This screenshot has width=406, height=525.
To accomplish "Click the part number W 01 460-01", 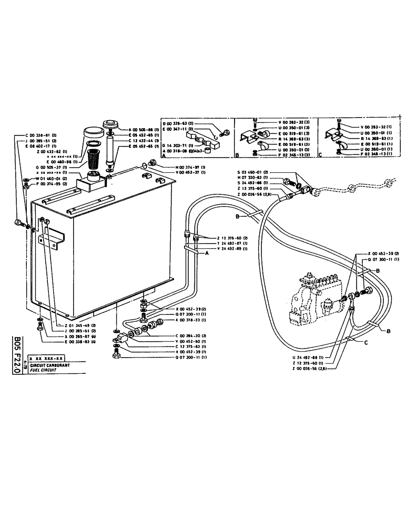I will pos(39,178).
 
